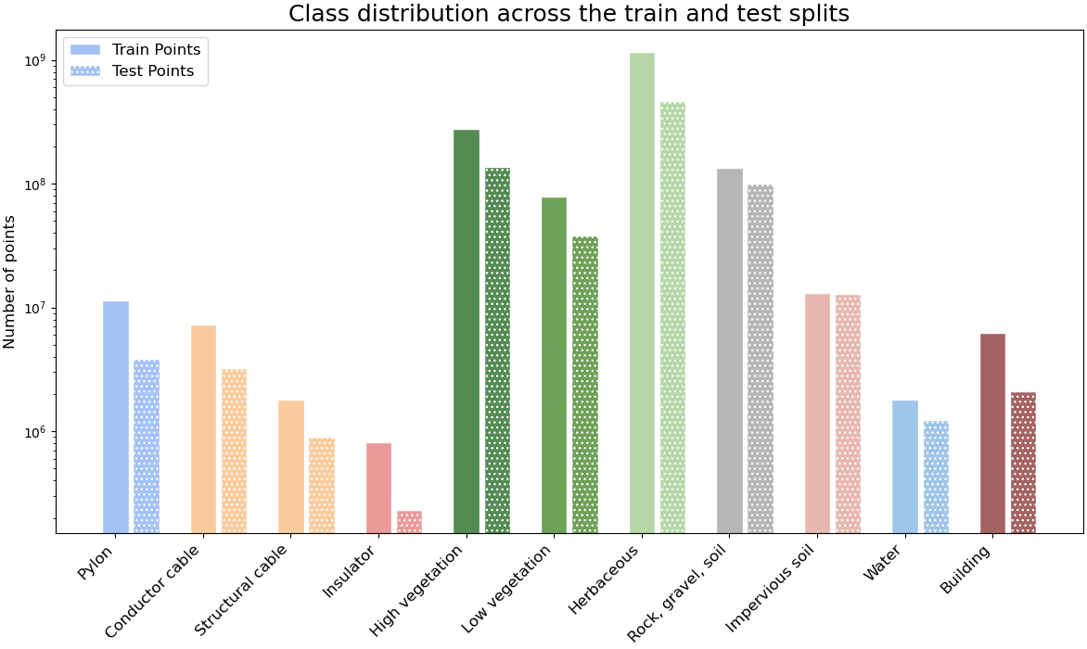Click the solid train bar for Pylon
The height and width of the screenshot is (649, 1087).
[116, 417]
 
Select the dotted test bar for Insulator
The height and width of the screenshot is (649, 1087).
[409, 522]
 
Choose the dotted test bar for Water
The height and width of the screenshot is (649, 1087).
[936, 477]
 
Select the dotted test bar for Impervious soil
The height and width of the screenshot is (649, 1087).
[848, 414]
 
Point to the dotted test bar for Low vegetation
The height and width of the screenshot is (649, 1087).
[585, 385]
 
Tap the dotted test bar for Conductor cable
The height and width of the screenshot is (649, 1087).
[234, 451]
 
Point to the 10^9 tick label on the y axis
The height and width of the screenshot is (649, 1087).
[35, 60]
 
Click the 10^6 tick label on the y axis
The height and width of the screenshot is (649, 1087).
[35, 432]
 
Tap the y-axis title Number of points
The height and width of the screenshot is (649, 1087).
[10, 282]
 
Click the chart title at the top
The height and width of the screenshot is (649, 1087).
[569, 14]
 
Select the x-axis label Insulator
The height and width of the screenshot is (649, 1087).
[350, 572]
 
